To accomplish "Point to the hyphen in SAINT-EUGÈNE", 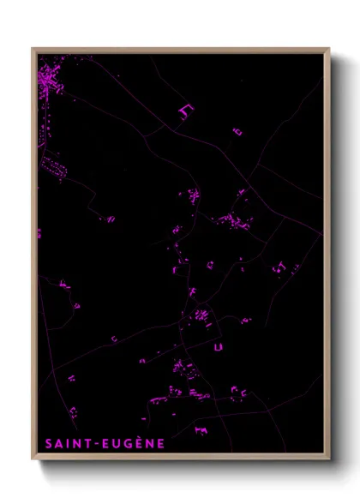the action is pos(96,444).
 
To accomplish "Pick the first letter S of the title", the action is pos(49,444).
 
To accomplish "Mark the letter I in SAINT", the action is pos(69,444).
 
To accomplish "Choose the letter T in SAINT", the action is pos(87,444).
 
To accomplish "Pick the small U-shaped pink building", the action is pos(219,346).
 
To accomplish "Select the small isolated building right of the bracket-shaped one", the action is pos(237,131).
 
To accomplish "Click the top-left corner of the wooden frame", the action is pos(33,49).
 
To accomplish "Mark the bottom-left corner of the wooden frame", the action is pos(33,459).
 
